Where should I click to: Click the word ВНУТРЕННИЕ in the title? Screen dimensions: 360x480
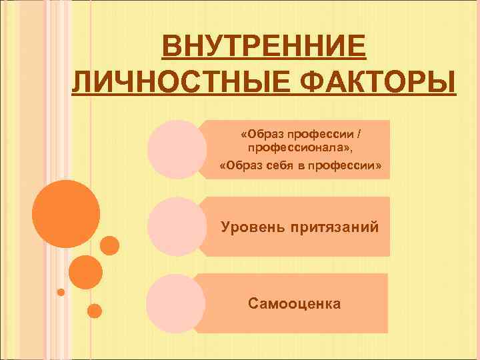(x=265, y=49)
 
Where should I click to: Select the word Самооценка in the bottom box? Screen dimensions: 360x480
(x=294, y=304)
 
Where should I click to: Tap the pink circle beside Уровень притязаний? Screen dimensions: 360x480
(x=175, y=226)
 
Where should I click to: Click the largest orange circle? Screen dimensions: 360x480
(x=66, y=214)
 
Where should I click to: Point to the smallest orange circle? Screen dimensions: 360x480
(x=61, y=292)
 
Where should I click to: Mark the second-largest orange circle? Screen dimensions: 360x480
(x=86, y=272)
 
